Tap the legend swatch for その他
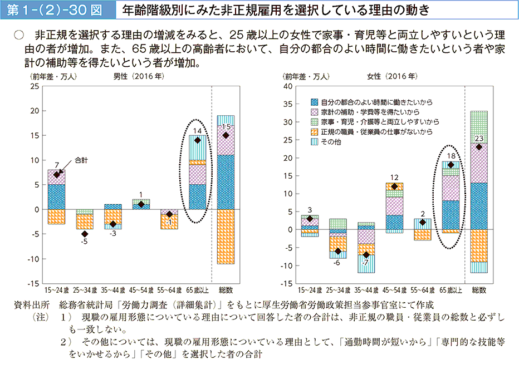click(x=315, y=142)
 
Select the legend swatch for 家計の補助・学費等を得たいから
click(x=315, y=112)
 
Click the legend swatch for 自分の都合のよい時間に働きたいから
click(x=315, y=102)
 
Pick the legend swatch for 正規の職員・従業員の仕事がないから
click(x=315, y=132)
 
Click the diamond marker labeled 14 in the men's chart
click(x=198, y=140)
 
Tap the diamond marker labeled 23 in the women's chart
click(x=478, y=147)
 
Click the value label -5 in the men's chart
click(x=84, y=242)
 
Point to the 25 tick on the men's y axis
click(x=35, y=86)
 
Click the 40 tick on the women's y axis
click(x=288, y=86)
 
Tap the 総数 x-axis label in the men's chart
click(x=226, y=290)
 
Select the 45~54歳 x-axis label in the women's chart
click(x=394, y=290)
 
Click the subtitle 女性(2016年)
click(x=391, y=76)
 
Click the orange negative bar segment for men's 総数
click(x=226, y=236)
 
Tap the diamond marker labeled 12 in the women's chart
click(x=394, y=186)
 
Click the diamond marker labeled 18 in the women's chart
click(x=450, y=165)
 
